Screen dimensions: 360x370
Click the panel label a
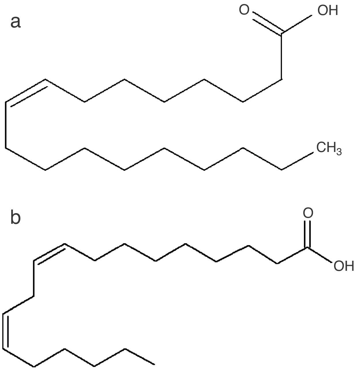(x=16, y=22)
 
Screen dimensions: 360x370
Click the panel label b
(x=16, y=218)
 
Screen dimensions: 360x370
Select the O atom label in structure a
(x=244, y=10)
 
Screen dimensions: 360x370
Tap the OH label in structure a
(x=328, y=11)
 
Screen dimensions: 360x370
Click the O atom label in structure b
(x=308, y=213)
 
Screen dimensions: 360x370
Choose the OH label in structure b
(x=344, y=266)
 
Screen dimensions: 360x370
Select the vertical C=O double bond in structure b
(x=308, y=234)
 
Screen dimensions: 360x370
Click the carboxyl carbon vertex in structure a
(x=282, y=33)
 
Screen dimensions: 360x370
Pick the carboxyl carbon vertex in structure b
(x=308, y=247)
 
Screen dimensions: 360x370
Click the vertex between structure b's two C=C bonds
(x=34, y=296)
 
